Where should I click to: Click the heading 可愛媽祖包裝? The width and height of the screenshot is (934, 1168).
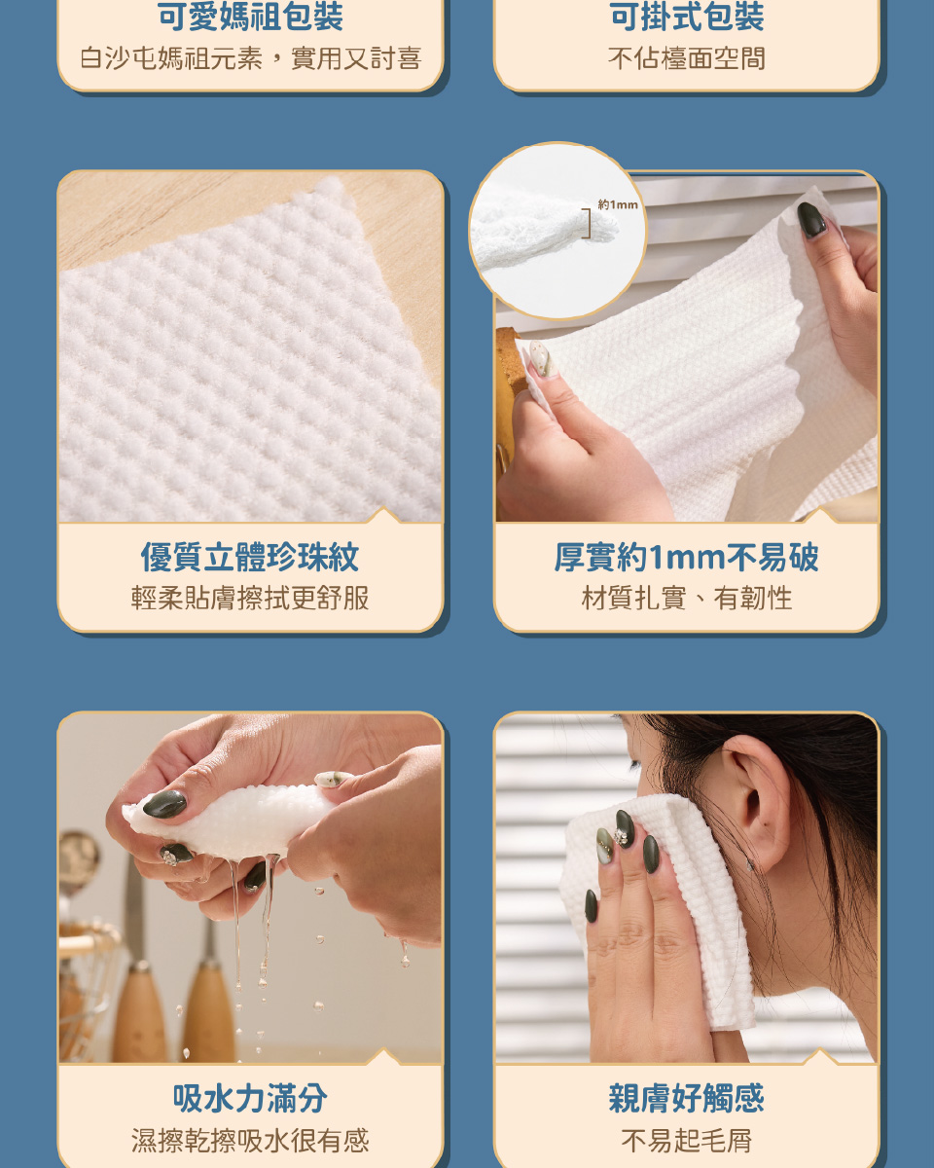pyautogui.click(x=250, y=17)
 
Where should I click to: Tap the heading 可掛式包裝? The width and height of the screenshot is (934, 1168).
pyautogui.click(x=687, y=17)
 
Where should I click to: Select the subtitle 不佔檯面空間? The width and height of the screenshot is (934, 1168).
pyautogui.click(x=687, y=58)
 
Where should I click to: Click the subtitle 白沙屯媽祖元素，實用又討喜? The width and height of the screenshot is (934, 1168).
pyautogui.click(x=250, y=58)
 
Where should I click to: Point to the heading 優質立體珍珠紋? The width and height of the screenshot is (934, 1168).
pyautogui.click(x=250, y=557)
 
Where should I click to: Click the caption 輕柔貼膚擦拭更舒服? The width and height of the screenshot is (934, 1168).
pyautogui.click(x=250, y=598)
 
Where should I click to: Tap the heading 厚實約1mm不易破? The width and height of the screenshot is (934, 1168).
pyautogui.click(x=687, y=557)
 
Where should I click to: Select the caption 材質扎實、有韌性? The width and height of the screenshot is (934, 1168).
pyautogui.click(x=687, y=598)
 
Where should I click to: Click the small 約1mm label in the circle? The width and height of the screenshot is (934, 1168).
pyautogui.click(x=618, y=204)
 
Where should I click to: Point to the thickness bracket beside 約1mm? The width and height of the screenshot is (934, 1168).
pyautogui.click(x=588, y=223)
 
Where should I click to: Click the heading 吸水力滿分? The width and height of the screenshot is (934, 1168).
pyautogui.click(x=250, y=1099)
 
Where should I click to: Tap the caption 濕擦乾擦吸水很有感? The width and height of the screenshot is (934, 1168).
pyautogui.click(x=250, y=1140)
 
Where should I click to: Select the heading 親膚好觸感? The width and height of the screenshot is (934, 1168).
pyautogui.click(x=687, y=1099)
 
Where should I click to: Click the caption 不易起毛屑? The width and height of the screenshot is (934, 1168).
pyautogui.click(x=687, y=1140)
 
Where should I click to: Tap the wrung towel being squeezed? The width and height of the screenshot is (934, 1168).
pyautogui.click(x=228, y=820)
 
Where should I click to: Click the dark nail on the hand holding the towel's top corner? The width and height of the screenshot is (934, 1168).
pyautogui.click(x=811, y=220)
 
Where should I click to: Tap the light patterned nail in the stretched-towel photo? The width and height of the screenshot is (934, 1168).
pyautogui.click(x=541, y=357)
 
